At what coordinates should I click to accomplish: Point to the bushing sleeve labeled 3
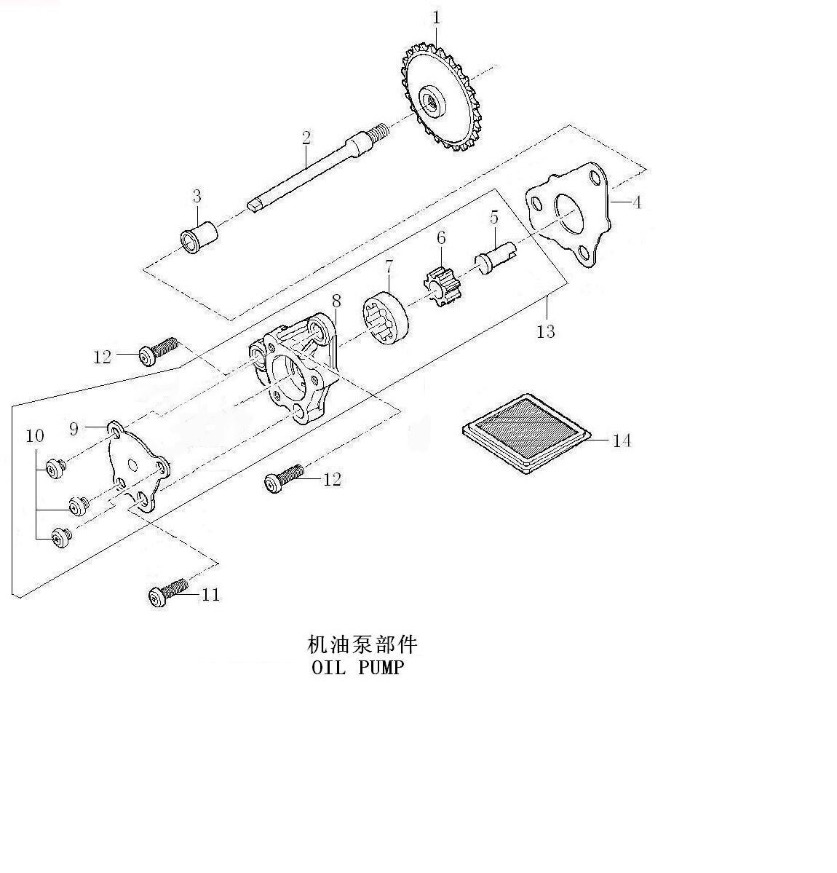[x=198, y=235]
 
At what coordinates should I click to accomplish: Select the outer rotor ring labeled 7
[x=386, y=316]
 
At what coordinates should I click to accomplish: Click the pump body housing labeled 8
[x=295, y=371]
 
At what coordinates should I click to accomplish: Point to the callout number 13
[x=546, y=332]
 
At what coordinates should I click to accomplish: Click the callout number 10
[x=35, y=436]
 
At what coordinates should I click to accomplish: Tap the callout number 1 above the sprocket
[x=436, y=17]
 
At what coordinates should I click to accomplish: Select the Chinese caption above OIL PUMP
[x=363, y=644]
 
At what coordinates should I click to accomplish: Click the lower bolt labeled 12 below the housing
[x=284, y=478]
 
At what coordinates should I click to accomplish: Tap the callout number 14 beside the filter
[x=621, y=441]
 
